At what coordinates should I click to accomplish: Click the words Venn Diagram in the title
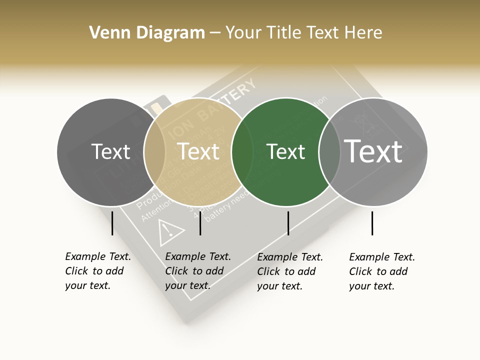point(147,33)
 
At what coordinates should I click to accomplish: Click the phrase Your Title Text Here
point(303,33)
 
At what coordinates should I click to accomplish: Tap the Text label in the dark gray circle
point(111,152)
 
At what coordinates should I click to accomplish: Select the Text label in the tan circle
point(198,151)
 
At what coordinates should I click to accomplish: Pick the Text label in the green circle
point(286,152)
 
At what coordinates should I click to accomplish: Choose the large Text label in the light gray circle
point(373,151)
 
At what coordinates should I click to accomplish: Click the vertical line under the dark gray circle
point(112,223)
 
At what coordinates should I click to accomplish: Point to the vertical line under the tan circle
point(200,223)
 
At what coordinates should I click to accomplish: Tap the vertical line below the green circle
point(288,223)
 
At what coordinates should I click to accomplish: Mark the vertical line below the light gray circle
point(372,223)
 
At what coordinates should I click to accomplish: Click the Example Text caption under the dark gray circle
point(98,271)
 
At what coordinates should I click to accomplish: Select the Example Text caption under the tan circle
point(198,271)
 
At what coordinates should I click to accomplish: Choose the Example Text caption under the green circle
point(290,271)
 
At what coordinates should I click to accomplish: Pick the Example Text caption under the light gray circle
point(382,271)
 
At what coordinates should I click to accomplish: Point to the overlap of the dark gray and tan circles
point(154,152)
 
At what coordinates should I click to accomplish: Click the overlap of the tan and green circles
point(242,152)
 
